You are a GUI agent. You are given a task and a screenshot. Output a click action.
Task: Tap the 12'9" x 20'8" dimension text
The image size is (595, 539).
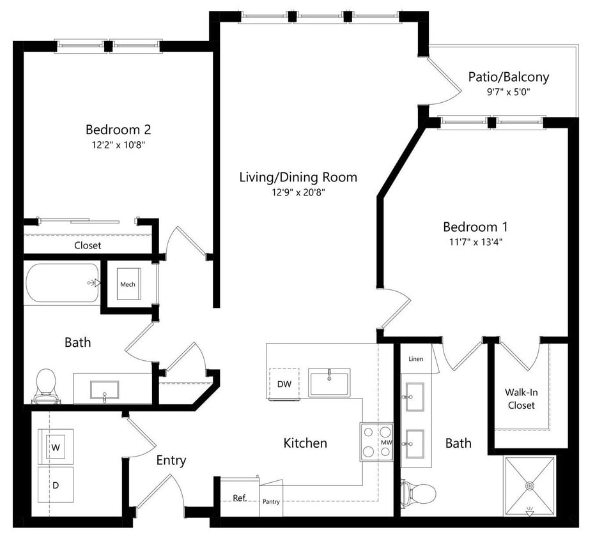[298, 192]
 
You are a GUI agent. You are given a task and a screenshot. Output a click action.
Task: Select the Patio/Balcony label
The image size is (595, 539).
[508, 77]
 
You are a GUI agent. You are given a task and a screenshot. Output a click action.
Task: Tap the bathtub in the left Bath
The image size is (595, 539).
[63, 283]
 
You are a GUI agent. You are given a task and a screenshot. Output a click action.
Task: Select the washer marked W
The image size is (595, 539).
[56, 447]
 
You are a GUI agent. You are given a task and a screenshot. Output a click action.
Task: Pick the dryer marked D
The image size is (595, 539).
[56, 485]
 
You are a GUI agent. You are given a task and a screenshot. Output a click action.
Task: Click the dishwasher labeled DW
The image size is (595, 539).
[284, 384]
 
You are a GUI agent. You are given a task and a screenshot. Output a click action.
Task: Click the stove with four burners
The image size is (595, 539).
[375, 441]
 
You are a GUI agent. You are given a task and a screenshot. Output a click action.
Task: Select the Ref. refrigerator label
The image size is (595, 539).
[239, 497]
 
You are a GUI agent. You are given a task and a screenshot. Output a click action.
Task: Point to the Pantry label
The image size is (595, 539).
[271, 501]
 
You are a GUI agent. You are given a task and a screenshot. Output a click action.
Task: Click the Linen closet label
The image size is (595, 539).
[415, 359]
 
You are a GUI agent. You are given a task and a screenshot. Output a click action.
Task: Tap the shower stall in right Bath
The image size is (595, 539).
[529, 485]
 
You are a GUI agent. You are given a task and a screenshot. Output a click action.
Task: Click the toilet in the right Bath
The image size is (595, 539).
[419, 493]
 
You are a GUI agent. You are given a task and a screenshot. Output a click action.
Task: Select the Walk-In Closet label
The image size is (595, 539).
[522, 399]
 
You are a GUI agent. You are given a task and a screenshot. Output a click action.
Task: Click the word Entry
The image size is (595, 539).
[171, 460]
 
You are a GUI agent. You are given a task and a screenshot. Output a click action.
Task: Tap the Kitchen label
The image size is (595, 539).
[305, 443]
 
